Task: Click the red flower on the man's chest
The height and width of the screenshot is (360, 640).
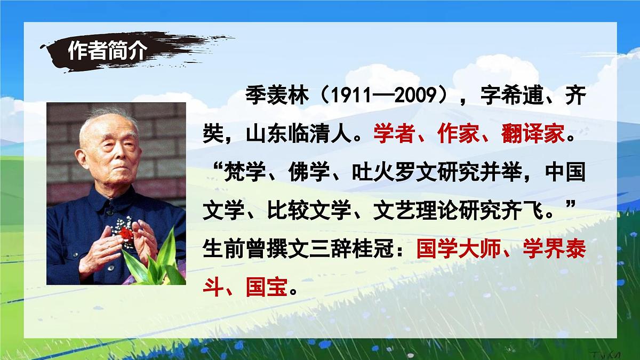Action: (125, 234)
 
